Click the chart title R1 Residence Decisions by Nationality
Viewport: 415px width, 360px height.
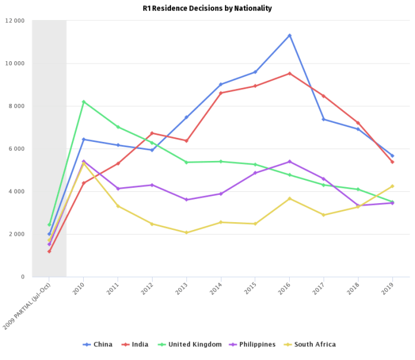(x=207, y=8)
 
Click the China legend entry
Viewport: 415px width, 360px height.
(x=99, y=345)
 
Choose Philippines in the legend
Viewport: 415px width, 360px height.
(x=252, y=345)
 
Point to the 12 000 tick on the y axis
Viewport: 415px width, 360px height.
(x=15, y=21)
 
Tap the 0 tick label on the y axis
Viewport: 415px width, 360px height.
(x=23, y=277)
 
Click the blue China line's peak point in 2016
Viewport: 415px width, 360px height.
(x=290, y=35)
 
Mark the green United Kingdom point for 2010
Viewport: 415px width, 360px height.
(x=83, y=102)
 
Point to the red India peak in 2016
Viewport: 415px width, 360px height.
(x=290, y=73)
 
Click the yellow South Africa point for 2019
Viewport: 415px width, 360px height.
(x=392, y=186)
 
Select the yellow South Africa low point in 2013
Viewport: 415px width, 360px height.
(x=186, y=232)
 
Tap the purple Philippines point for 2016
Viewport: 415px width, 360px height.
(x=290, y=161)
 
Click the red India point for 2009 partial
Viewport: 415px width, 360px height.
(x=49, y=251)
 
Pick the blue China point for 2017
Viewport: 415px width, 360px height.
(x=324, y=119)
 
